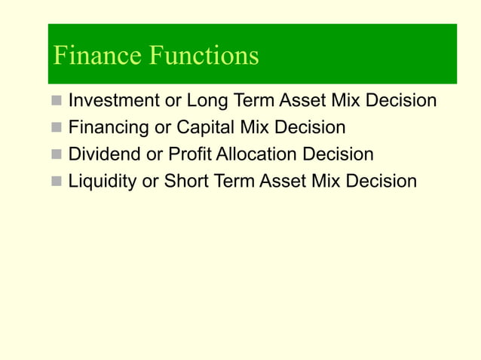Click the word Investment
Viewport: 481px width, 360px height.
point(114,100)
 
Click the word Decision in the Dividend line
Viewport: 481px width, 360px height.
point(338,154)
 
